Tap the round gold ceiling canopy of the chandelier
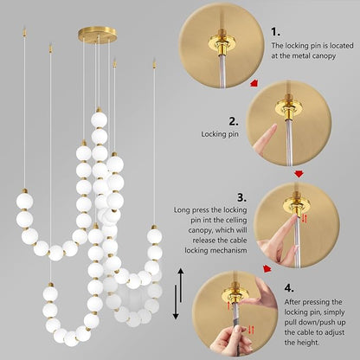coord(96,35)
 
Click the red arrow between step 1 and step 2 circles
coord(253,84)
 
